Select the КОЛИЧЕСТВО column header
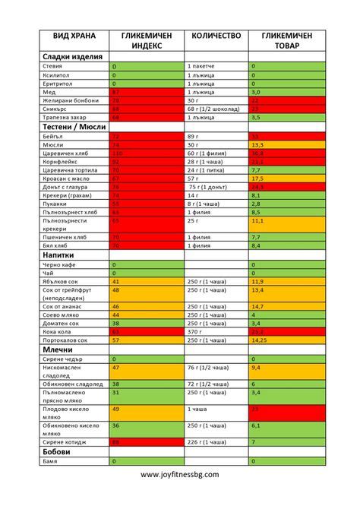216,35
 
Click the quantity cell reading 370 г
197,331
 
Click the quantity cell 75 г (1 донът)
207,186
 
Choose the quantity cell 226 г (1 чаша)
206,441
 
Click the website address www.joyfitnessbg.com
180,474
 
